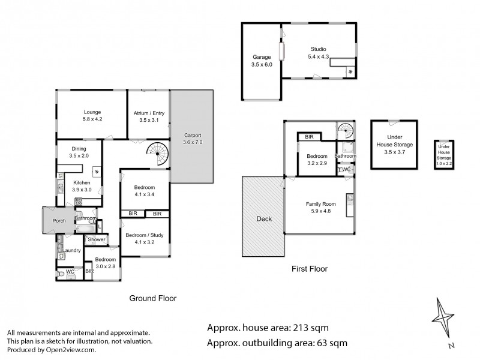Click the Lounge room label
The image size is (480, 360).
click(92, 112)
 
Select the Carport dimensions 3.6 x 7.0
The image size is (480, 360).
click(193, 142)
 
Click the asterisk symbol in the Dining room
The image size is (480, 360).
click(96, 172)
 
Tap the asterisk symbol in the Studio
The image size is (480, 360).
click(350, 72)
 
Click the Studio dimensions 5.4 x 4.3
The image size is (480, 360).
click(318, 56)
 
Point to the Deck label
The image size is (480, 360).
click(264, 219)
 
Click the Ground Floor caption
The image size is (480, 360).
click(153, 298)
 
